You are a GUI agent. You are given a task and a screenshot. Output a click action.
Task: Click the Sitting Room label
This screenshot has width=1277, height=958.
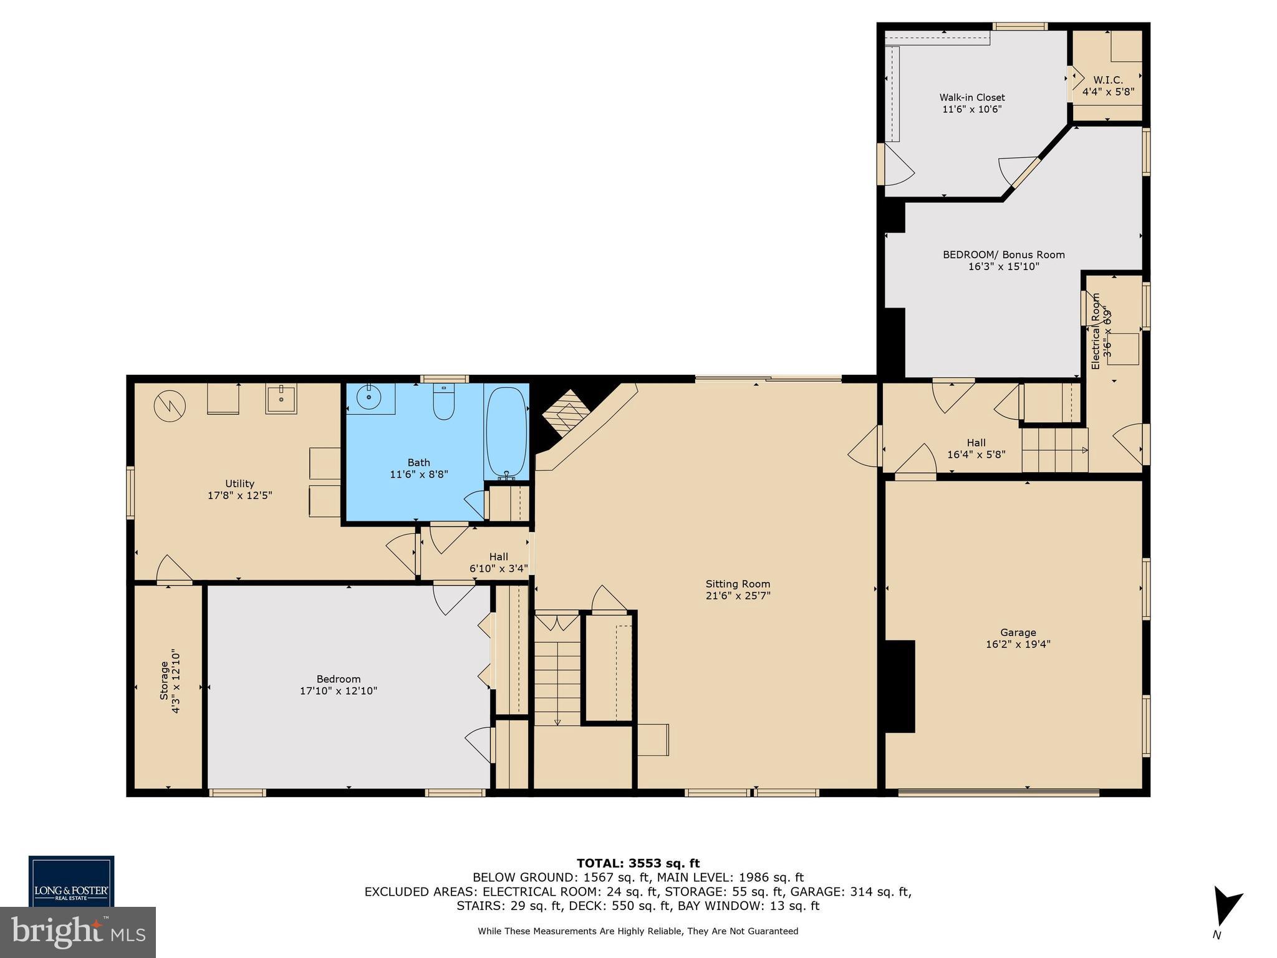[738, 584]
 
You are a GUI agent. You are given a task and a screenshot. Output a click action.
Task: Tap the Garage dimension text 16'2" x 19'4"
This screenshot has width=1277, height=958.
[1018, 644]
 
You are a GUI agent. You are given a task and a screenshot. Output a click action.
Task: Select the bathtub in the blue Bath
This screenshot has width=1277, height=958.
[506, 431]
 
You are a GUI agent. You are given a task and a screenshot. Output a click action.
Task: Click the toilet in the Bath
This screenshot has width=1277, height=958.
[443, 402]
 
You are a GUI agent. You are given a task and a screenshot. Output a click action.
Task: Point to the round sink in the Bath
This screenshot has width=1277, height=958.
[370, 397]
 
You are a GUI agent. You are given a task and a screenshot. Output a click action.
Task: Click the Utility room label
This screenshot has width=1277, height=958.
[239, 483]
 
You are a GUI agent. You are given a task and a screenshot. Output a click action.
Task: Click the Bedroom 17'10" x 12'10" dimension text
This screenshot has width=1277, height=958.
[339, 691]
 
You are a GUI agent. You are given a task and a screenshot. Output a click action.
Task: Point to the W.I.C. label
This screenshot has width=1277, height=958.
[1107, 80]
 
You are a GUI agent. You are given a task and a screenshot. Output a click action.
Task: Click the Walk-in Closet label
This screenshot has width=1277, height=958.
[972, 97]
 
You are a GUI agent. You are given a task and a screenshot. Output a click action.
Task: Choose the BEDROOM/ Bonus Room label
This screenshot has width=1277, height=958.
[1003, 254]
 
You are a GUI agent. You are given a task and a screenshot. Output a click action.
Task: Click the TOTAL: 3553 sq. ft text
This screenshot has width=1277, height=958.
[638, 863]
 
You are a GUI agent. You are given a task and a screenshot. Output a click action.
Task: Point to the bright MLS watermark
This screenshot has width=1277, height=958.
[77, 932]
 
